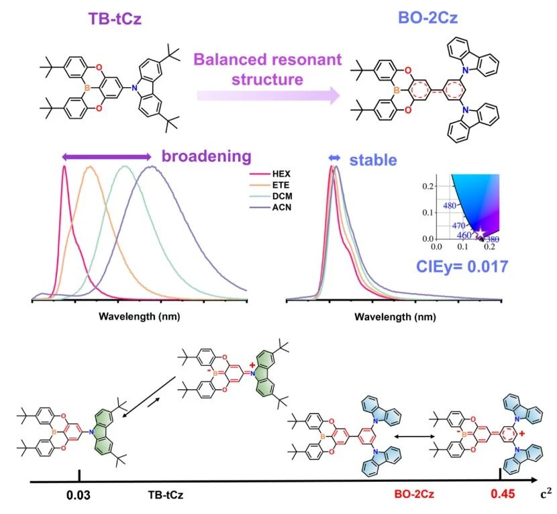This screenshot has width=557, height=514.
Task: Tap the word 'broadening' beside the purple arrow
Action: (206, 157)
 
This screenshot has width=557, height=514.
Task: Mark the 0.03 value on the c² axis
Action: (79, 497)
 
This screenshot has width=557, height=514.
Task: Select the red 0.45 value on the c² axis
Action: (500, 497)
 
